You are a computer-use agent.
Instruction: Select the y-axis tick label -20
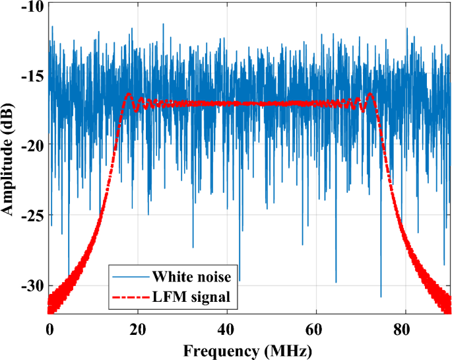coord(32,146)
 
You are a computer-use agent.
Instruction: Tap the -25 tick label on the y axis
coord(32,215)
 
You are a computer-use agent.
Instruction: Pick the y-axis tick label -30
coord(32,285)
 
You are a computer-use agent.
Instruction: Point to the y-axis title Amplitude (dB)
coord(9,159)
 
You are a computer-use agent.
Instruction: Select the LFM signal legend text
coord(191,297)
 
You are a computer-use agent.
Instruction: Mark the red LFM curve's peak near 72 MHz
coord(370,94)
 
